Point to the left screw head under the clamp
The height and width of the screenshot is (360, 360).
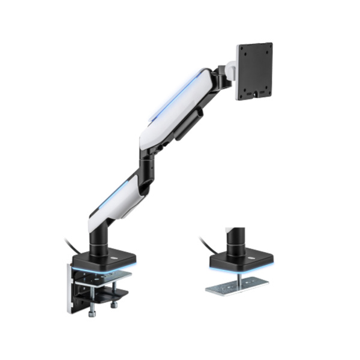(x=92, y=314)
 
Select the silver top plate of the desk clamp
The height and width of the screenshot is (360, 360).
(x=105, y=277)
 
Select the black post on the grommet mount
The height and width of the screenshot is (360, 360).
(x=235, y=239)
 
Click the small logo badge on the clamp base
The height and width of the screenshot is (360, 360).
(x=113, y=259)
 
